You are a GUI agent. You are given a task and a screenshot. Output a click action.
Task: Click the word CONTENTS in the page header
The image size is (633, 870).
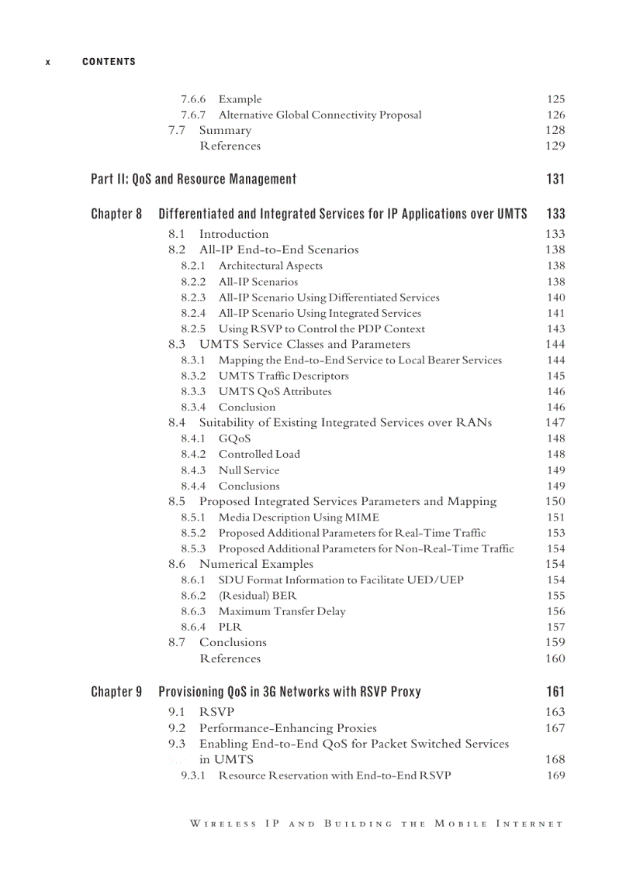[x=109, y=62]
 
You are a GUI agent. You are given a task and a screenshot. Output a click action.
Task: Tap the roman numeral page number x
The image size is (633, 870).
[x=48, y=62]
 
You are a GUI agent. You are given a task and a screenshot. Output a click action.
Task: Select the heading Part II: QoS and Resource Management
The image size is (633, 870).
[x=193, y=179]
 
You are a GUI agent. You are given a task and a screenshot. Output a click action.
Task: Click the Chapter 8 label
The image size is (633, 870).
[x=116, y=214]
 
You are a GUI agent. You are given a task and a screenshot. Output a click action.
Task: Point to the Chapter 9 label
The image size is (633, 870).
[x=116, y=692]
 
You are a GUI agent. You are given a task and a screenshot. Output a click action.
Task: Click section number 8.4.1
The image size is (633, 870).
[x=193, y=438]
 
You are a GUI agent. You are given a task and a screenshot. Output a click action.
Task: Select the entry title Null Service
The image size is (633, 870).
[x=248, y=470]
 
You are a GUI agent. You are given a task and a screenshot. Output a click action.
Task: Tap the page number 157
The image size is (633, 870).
[x=555, y=627]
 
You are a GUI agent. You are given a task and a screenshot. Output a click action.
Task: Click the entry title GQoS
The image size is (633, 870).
[x=234, y=438]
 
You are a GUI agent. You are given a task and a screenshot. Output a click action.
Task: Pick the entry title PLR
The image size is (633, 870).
[x=230, y=627]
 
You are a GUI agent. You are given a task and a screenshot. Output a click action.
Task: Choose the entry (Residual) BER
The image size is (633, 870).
[x=257, y=596]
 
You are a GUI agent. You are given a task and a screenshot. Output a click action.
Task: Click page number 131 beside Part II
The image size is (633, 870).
[x=555, y=179]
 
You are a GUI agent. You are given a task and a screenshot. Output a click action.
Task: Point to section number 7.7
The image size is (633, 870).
[x=177, y=130]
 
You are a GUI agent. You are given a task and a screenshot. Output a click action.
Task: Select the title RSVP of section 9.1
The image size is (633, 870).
[x=216, y=711]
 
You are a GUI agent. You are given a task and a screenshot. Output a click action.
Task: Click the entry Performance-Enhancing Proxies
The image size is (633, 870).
[x=288, y=727]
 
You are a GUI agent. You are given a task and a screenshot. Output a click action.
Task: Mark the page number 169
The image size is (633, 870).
[x=555, y=775]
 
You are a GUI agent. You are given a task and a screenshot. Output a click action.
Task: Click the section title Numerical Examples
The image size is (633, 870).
[x=256, y=564]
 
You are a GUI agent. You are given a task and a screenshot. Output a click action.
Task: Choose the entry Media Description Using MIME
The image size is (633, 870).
[x=299, y=517]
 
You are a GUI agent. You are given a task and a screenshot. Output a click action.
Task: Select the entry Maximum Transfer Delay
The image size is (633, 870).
[x=282, y=611]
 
